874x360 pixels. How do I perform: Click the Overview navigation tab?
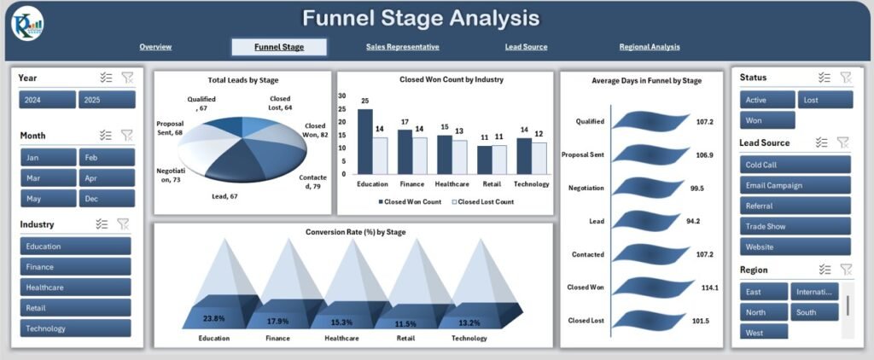click(155, 47)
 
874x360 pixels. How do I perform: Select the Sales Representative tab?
click(402, 47)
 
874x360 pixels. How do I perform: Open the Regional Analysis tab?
click(650, 47)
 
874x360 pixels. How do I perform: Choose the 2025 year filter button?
click(107, 100)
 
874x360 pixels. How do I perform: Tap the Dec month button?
click(107, 198)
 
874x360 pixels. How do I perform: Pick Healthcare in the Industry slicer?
click(75, 287)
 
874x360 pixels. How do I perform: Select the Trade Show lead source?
click(795, 226)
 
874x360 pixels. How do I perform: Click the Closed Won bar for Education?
click(365, 142)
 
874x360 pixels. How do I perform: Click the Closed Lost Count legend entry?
click(483, 202)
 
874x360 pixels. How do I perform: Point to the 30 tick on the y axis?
click(343, 96)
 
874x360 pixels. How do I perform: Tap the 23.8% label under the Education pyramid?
click(214, 318)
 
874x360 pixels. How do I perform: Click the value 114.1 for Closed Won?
click(710, 287)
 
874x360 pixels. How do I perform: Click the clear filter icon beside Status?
click(845, 78)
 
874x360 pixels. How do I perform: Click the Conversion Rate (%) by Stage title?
click(355, 231)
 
